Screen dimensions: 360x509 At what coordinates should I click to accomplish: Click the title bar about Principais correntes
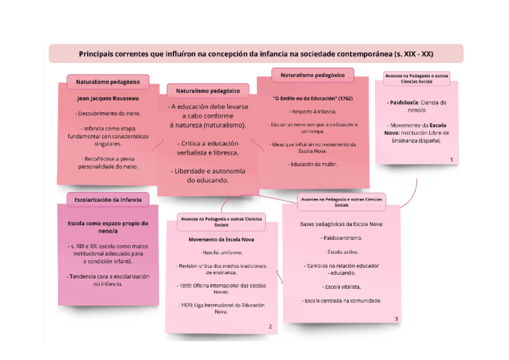[256, 53]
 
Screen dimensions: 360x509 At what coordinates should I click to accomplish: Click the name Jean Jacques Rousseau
[108, 98]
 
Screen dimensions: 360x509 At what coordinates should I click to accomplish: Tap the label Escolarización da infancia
[108, 199]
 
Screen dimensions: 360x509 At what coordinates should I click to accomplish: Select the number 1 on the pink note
[451, 159]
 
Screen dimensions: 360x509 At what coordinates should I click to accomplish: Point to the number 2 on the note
[270, 326]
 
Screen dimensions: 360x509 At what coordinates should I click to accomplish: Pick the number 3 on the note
[396, 319]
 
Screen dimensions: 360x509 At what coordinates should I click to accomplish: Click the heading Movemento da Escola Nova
[221, 239]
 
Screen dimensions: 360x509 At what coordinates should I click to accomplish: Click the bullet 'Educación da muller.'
[313, 164]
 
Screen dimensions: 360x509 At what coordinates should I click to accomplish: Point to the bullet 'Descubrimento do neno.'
[108, 113]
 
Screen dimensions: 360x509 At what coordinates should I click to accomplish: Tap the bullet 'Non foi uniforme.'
[221, 252]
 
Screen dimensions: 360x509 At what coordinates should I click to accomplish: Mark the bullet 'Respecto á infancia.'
[313, 112]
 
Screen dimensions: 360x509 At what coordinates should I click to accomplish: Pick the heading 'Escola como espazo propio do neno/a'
[108, 227]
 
